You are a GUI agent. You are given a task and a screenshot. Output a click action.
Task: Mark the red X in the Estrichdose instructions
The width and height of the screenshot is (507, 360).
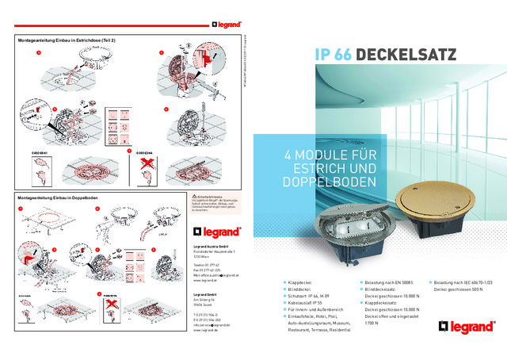tap(146, 164)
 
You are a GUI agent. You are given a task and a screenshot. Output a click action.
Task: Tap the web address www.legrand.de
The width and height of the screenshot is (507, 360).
tap(206, 330)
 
